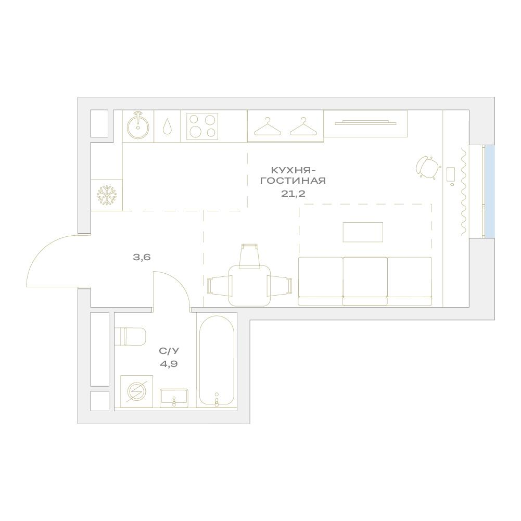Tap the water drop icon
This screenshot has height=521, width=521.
pos(167,126)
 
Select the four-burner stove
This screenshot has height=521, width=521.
pos(202,126)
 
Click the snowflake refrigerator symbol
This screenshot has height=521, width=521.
pos(107,195)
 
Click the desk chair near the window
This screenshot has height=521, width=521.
pos(428,167)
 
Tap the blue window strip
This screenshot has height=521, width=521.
pos(489,192)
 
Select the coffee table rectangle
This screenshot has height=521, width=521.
pos(363,232)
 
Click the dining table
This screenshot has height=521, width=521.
pos(249,285)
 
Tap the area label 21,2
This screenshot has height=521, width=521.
pos(293,194)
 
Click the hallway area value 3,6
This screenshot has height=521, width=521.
pos(142,257)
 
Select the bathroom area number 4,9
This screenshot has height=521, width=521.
pos(169,364)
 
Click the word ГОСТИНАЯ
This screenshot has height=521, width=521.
pos(293,181)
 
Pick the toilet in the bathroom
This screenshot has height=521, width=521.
pos(130,336)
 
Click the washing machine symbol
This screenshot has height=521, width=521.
pos(136,391)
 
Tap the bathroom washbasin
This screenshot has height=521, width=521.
pos(174,398)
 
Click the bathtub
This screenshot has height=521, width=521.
pos(217,360)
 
